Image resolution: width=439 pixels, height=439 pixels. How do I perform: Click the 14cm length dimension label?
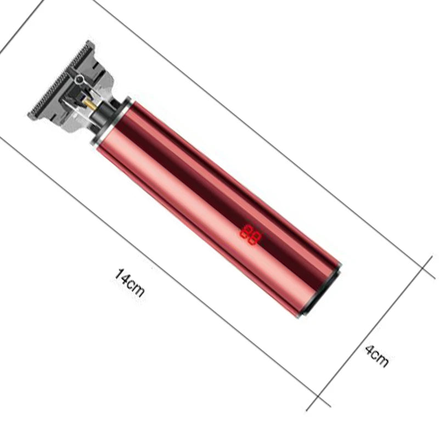(x=130, y=283)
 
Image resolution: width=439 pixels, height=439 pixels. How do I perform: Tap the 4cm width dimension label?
(x=377, y=356)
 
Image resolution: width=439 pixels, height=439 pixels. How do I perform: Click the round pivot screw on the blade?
(x=80, y=79)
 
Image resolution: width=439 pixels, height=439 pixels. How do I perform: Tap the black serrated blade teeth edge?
(x=60, y=78)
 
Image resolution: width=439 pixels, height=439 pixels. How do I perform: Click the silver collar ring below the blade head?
(x=111, y=120)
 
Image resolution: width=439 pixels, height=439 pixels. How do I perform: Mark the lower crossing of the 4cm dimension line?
(x=319, y=397)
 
